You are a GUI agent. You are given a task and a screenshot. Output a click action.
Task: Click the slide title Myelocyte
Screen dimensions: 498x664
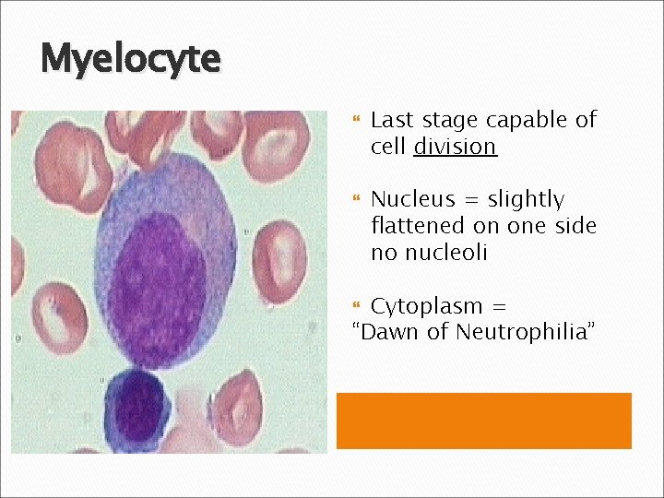pos(130,60)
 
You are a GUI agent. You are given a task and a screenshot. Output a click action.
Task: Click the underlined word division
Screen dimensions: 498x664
pos(456,147)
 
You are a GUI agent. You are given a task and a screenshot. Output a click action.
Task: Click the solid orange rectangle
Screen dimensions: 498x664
pos(483,421)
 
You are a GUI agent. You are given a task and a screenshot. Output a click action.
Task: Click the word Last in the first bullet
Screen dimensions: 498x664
pos(392,120)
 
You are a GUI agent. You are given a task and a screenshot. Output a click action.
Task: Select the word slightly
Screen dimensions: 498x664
pos(526,200)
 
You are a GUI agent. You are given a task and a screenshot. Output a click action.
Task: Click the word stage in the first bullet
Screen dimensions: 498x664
pos(449,121)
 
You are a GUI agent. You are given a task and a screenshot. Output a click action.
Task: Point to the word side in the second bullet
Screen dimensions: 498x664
pos(573,226)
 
